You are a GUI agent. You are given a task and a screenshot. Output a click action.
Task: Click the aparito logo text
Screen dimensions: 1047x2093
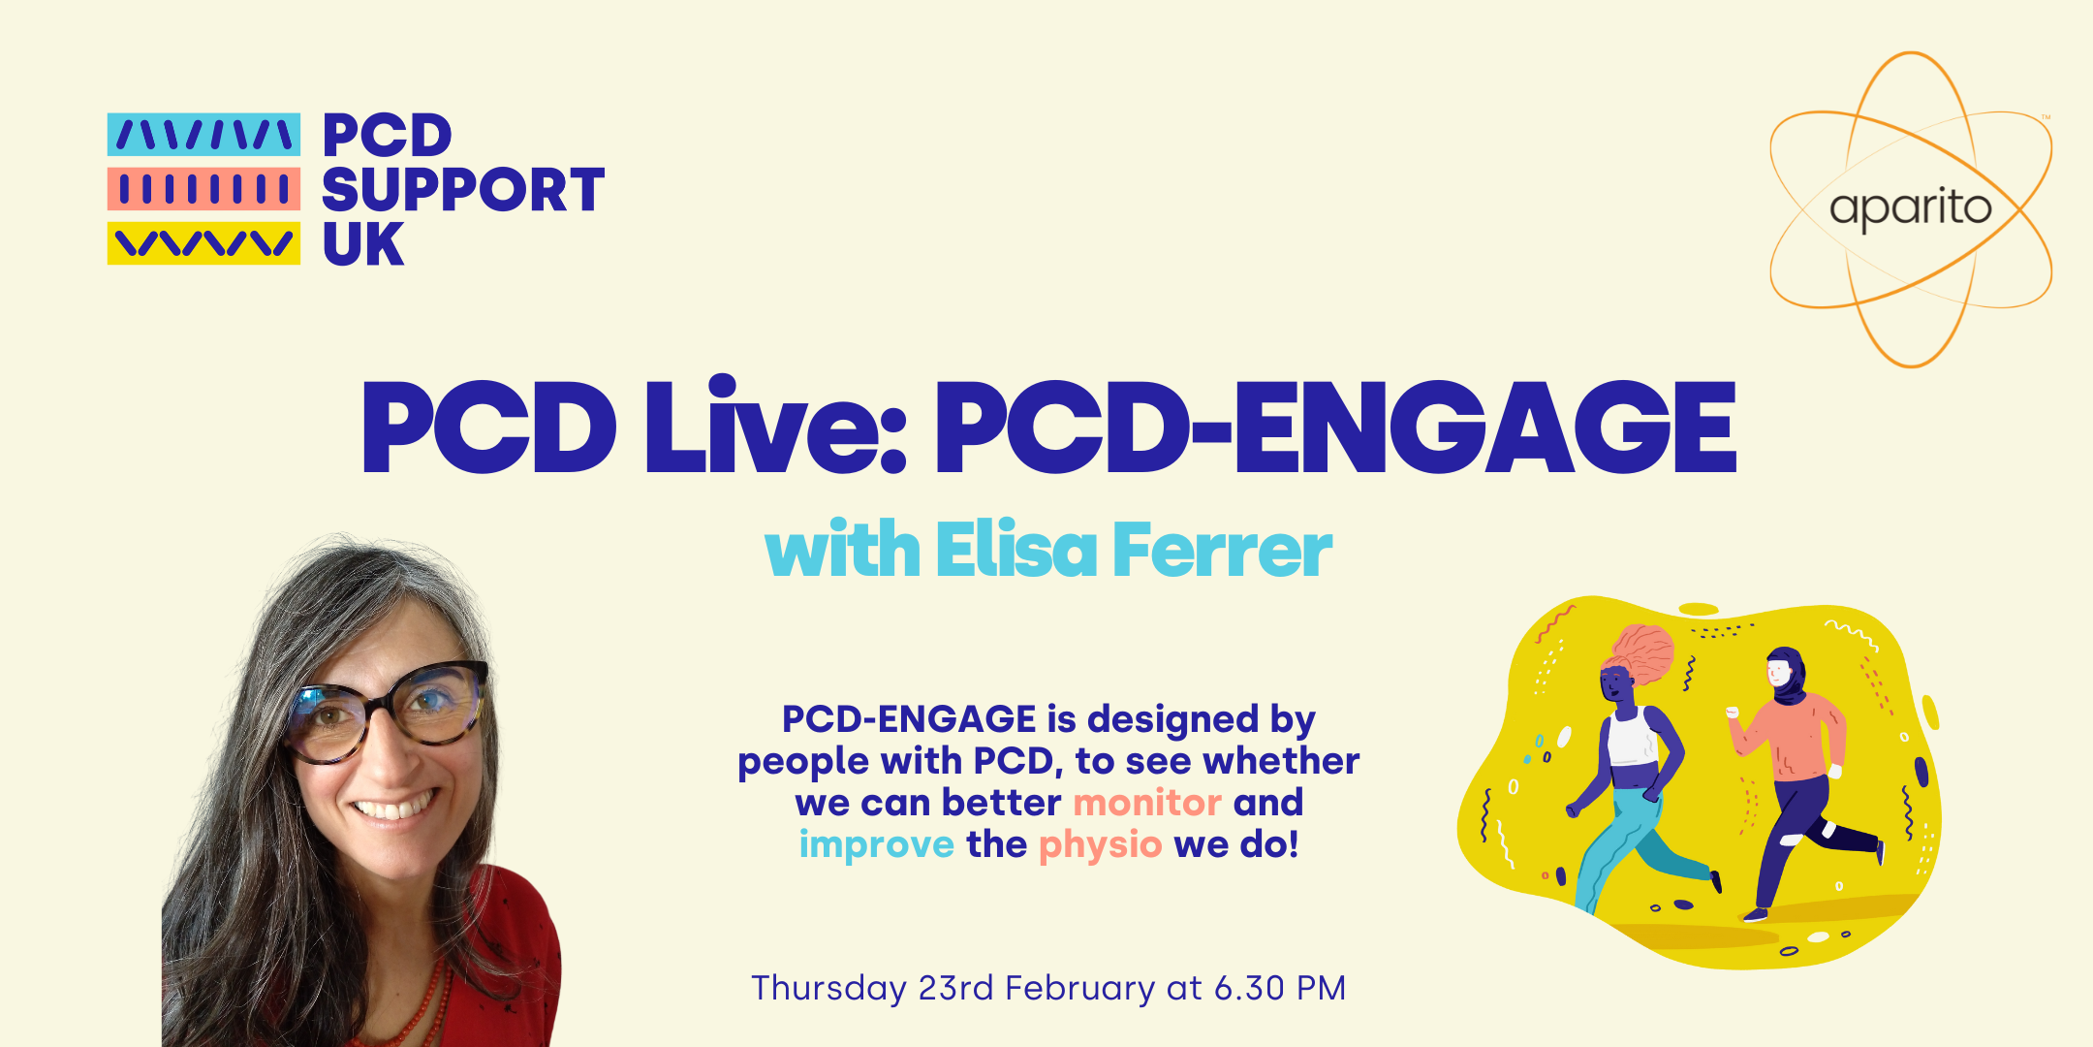pyautogui.click(x=1910, y=208)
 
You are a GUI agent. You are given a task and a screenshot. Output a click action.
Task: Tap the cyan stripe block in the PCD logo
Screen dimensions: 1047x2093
pyautogui.click(x=203, y=135)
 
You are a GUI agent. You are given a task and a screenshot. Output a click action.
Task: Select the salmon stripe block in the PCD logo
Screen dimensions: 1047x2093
pyautogui.click(x=203, y=189)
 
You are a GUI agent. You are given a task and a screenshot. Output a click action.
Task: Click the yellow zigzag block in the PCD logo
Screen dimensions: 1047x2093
pyautogui.click(x=203, y=242)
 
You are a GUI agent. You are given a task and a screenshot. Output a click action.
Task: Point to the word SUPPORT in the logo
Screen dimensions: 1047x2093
pyautogui.click(x=463, y=190)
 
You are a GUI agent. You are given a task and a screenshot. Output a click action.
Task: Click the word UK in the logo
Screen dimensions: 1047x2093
pyautogui.click(x=362, y=244)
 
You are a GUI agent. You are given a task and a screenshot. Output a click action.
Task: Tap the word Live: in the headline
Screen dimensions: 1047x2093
pyautogui.click(x=775, y=428)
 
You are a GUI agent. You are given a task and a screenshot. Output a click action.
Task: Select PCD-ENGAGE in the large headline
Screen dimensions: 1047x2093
pyautogui.click(x=1334, y=428)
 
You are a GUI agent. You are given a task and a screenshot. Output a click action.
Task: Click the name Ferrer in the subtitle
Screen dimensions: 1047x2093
pyautogui.click(x=1223, y=551)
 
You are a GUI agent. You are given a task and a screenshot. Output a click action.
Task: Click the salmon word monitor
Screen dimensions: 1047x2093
pyautogui.click(x=1147, y=803)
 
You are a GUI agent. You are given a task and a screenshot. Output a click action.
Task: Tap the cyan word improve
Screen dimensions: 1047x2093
pyautogui.click(x=877, y=844)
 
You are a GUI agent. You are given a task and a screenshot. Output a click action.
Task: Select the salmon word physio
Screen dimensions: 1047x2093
pyautogui.click(x=1100, y=845)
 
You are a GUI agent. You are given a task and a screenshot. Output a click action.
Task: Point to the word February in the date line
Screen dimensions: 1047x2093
pyautogui.click(x=1079, y=988)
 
